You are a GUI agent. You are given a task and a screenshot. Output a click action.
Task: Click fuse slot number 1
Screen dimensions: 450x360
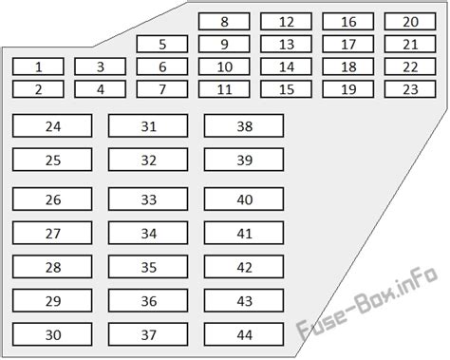point(38,66)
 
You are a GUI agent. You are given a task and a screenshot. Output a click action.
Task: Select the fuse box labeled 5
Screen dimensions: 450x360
point(162,44)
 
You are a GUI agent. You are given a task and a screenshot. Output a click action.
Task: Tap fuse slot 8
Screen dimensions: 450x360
point(224,21)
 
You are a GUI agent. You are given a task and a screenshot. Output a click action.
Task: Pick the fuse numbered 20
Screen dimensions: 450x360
point(410,21)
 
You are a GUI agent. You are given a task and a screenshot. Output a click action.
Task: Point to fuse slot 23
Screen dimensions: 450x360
point(410,89)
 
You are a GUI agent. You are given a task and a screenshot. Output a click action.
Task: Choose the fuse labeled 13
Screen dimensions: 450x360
point(286,44)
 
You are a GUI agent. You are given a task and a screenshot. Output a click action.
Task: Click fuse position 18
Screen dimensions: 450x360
point(348,66)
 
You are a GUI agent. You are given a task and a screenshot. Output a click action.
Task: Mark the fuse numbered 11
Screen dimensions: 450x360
point(224,89)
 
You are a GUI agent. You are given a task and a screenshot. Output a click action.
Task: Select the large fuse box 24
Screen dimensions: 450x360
point(52,126)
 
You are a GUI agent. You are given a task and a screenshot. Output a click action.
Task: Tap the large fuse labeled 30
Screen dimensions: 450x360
point(52,334)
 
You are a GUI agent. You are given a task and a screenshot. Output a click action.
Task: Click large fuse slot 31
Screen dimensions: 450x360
point(148,126)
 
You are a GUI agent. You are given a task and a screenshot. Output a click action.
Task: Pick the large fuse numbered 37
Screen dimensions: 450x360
point(148,334)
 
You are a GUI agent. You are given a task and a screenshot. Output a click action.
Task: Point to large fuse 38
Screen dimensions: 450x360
point(244,126)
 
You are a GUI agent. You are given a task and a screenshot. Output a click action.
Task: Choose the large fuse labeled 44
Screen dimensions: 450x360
point(244,334)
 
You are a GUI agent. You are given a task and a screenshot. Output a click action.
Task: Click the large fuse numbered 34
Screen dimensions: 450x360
point(148,233)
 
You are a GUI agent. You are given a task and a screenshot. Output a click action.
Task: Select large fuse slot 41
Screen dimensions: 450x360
point(244,233)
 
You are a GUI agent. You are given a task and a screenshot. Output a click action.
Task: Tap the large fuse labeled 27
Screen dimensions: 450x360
point(52,233)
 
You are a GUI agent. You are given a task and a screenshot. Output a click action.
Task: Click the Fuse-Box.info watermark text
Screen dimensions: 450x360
point(367,303)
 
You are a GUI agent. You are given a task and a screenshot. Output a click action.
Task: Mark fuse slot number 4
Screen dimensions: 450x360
point(101,89)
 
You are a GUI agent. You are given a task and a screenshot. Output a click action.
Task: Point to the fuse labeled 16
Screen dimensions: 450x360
point(348,21)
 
